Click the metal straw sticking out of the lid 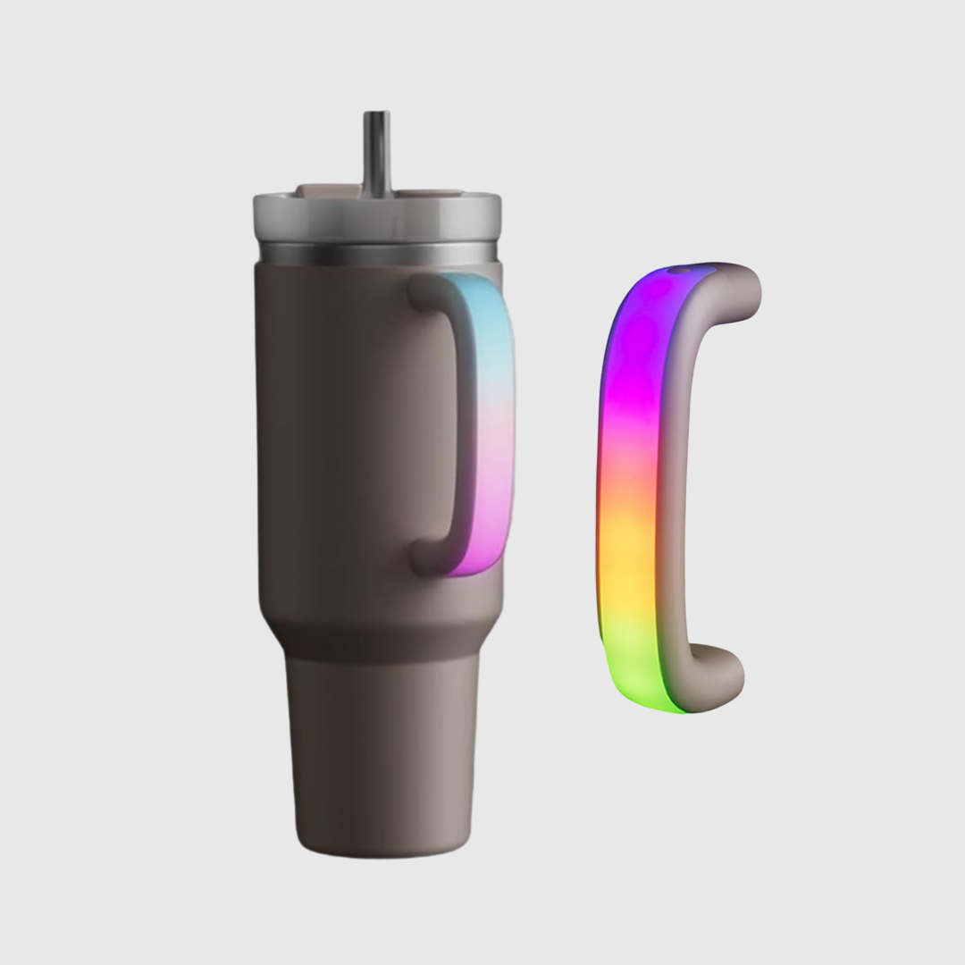pos(376,152)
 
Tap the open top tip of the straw pos(376,114)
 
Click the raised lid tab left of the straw pos(327,190)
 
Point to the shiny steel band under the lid pos(376,254)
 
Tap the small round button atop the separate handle pos(684,268)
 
